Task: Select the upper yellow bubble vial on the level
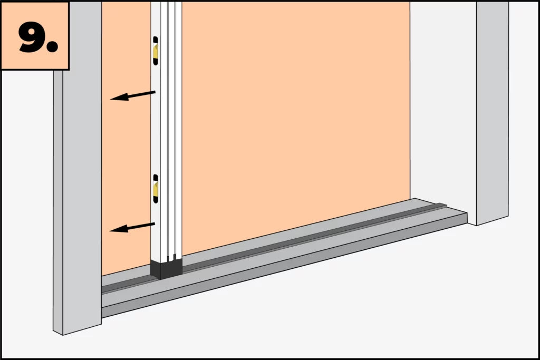(156, 51)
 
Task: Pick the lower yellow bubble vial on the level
(156, 189)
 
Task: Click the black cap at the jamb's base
(166, 269)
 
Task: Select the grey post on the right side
(493, 112)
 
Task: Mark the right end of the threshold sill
(467, 218)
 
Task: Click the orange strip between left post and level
(126, 138)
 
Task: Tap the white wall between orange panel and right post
(443, 103)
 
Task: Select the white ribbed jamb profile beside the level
(171, 131)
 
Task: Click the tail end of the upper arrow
(155, 92)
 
